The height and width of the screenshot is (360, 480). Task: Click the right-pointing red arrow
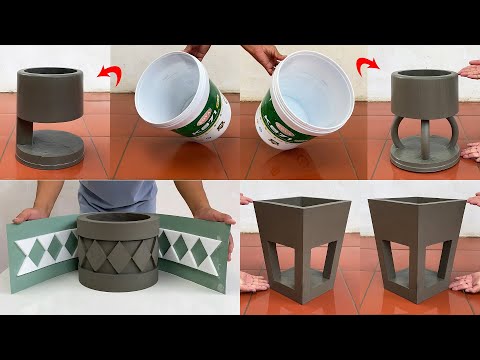point(366,68)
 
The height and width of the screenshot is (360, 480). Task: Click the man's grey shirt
point(119,196)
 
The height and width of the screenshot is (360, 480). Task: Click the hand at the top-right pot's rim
point(468,73)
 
